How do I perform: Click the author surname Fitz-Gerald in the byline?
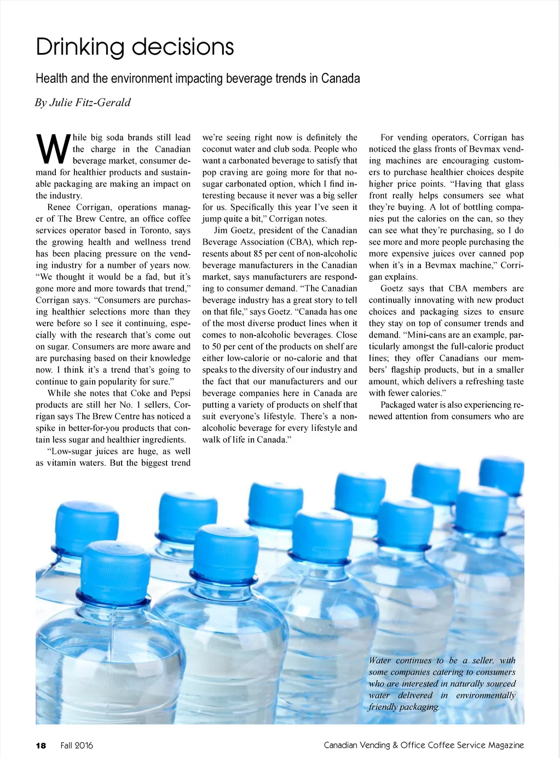[x=103, y=102]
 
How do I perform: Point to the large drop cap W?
[x=53, y=149]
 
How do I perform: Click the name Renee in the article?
[x=59, y=207]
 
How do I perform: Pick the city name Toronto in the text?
[x=155, y=230]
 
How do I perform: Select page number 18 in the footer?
[x=41, y=745]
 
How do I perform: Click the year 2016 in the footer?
[x=84, y=745]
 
